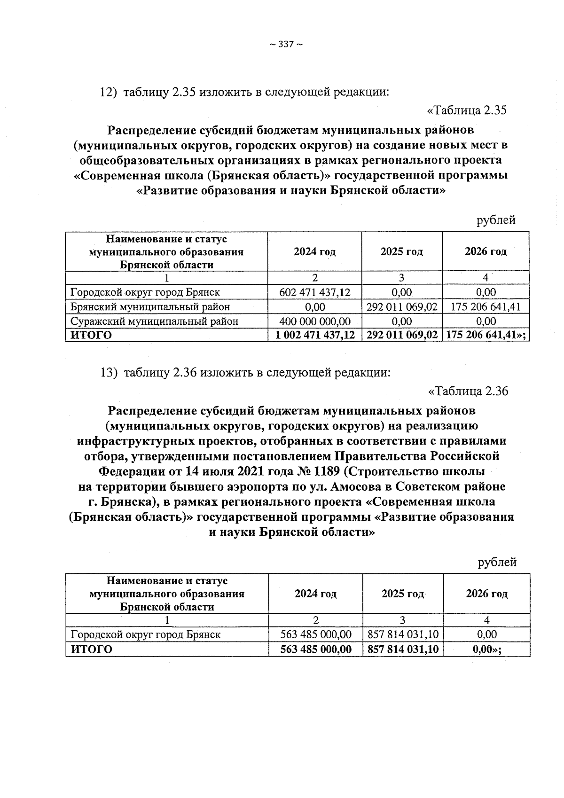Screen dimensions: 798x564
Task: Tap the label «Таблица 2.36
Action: pos(468,391)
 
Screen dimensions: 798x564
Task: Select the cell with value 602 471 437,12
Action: pos(314,292)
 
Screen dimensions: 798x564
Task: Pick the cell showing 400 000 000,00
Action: pos(314,321)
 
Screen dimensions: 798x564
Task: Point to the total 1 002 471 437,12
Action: pos(314,335)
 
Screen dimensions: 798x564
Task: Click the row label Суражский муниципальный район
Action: pos(154,321)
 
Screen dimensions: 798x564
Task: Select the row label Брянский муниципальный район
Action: pos(150,307)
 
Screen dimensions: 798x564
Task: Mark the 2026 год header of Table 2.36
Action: pos(486,594)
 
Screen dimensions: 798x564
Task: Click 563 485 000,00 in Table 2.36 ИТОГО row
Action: pos(315,649)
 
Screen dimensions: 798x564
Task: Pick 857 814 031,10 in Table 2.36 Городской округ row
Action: pos(403,634)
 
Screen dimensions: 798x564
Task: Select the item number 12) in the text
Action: pos(108,92)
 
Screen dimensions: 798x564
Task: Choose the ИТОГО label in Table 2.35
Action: pos(91,335)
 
